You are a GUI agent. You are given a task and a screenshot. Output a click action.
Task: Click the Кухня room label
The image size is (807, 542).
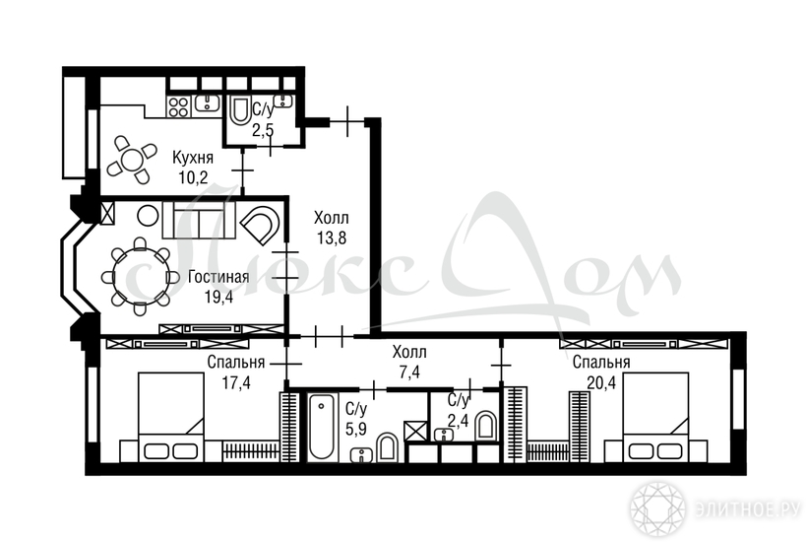coord(193,157)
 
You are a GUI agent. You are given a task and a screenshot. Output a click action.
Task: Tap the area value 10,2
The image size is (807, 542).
coord(193,177)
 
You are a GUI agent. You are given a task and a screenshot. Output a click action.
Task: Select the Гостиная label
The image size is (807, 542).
coord(218,277)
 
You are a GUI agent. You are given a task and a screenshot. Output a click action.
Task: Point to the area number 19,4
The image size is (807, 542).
coord(218,298)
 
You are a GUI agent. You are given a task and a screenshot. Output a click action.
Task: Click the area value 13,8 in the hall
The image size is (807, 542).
coord(332,238)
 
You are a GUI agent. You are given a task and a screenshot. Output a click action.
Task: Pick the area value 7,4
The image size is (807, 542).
coord(409,372)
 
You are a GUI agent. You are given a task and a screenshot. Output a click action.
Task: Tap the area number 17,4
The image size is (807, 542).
coord(236,382)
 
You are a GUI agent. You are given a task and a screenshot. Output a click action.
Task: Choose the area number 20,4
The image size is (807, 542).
coord(601,382)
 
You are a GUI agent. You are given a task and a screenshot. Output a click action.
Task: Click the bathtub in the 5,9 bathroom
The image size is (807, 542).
coord(321,427)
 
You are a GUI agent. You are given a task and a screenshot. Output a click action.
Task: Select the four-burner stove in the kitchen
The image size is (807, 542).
coord(178,106)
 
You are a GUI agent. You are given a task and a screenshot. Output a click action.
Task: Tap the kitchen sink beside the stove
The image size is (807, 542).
coord(207,103)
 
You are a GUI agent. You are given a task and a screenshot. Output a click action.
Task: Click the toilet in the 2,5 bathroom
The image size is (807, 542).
coord(238,110)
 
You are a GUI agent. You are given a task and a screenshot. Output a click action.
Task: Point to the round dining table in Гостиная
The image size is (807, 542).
coord(141,276)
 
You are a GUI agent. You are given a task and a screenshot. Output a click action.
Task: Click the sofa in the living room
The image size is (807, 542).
coord(199,220)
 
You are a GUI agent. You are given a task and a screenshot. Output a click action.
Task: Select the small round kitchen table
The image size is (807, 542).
coord(132,160)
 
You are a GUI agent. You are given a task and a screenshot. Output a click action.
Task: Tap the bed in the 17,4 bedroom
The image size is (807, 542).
coord(171,417)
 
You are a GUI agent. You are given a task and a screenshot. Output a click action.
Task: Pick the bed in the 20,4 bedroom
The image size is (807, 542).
coord(655,417)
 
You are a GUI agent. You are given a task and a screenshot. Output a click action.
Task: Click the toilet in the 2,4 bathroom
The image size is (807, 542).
coord(485,426)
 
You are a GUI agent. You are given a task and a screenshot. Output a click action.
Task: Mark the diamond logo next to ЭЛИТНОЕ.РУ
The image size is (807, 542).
coord(657,509)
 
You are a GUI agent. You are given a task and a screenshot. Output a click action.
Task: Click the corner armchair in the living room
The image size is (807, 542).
coord(262,226)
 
